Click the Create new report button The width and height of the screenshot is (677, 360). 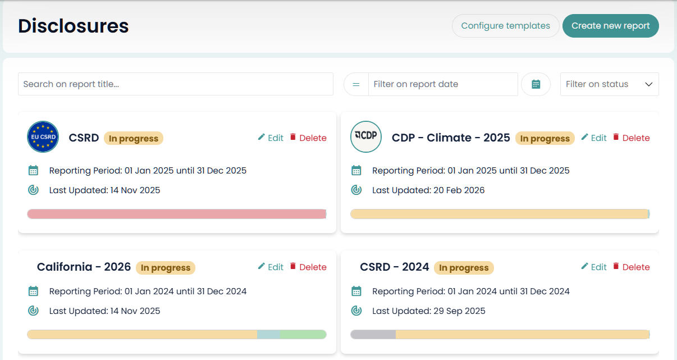610,26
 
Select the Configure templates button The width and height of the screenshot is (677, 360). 505,26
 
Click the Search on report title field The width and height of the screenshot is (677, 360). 175,84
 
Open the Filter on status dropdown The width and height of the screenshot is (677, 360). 609,84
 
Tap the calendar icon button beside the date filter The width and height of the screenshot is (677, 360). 536,84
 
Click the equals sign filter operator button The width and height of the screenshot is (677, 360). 356,84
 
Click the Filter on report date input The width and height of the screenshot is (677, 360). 442,84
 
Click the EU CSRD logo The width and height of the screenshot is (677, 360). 43,137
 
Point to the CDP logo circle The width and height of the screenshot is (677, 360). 366,136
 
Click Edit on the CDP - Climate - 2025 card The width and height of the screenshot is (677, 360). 594,138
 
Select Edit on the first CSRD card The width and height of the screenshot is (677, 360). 271,138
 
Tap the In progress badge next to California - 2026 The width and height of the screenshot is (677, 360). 166,268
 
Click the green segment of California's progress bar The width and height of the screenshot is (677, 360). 303,335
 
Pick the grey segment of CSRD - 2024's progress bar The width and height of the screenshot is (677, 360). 373,335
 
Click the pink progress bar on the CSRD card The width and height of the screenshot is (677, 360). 176,214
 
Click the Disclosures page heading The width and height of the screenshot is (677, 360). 74,26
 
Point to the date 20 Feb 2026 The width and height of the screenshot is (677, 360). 459,190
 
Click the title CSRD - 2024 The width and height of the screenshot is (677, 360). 394,267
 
